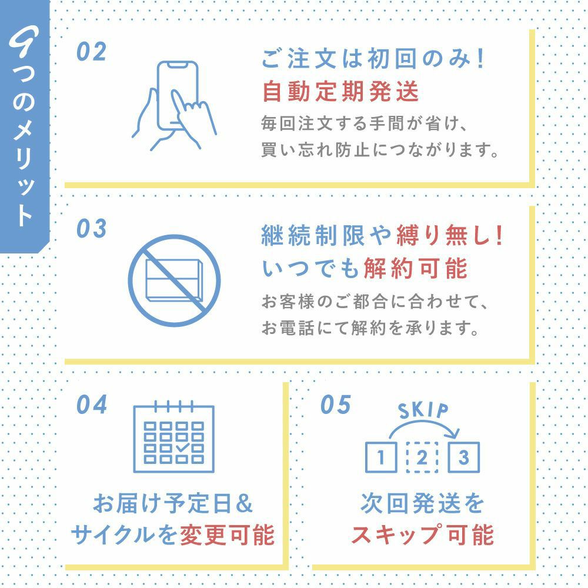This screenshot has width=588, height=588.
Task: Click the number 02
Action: pos(91,52)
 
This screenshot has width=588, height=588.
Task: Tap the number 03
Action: pos(91,229)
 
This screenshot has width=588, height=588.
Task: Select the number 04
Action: pos(92,405)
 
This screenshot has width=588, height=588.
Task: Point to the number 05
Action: pos(336,405)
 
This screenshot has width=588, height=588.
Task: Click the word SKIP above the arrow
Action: pos(423,410)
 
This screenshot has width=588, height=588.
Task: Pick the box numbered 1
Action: pos(381,457)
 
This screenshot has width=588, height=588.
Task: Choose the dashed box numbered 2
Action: pos(422,457)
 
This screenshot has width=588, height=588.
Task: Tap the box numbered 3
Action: pos(463,457)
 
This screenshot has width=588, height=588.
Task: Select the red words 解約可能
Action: pos(415,269)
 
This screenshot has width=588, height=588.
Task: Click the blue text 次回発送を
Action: pos(423,504)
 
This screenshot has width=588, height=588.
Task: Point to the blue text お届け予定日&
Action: pos(173,505)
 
